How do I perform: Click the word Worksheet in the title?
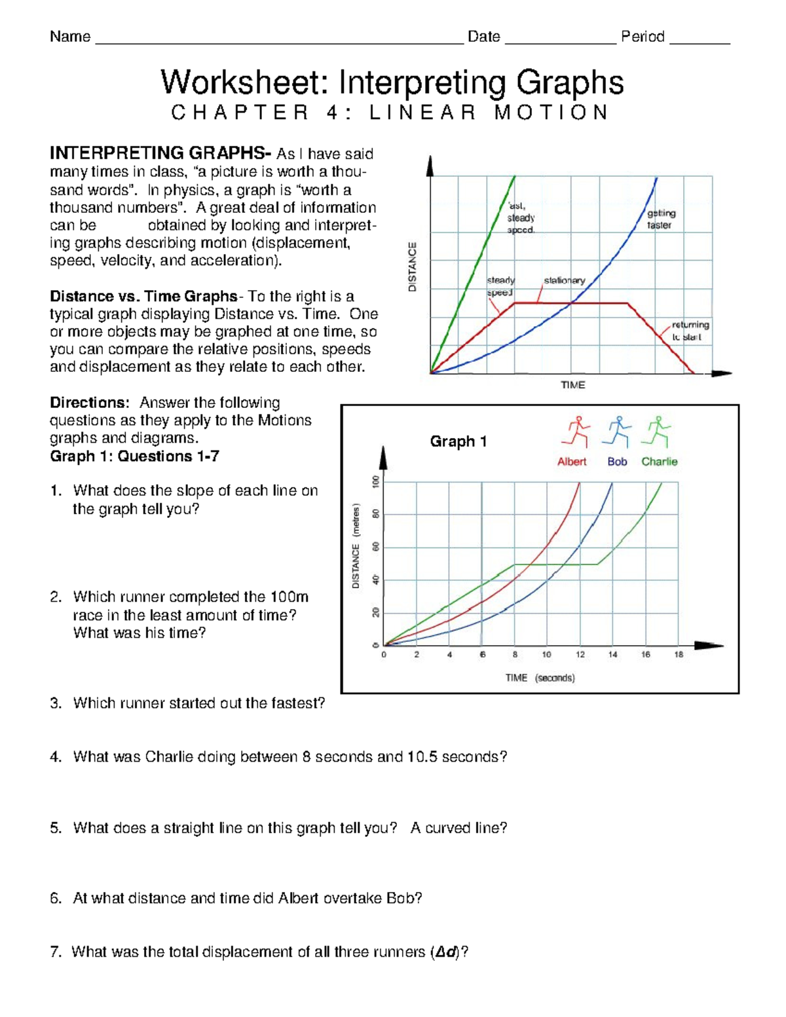pyautogui.click(x=246, y=83)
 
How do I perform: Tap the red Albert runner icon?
pyautogui.click(x=576, y=432)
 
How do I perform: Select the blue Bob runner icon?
pyautogui.click(x=618, y=432)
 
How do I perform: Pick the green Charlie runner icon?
pyautogui.click(x=658, y=432)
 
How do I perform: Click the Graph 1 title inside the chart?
pyautogui.click(x=458, y=441)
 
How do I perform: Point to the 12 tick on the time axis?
pyautogui.click(x=580, y=654)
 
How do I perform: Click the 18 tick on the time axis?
pyautogui.click(x=679, y=654)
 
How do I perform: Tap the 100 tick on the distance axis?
pyautogui.click(x=376, y=481)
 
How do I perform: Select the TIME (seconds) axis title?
pyautogui.click(x=540, y=678)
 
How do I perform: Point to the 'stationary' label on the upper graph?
pyautogui.click(x=564, y=280)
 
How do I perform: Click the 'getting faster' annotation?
pyautogui.click(x=660, y=219)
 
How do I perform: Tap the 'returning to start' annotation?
pyautogui.click(x=690, y=331)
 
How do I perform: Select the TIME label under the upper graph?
pyautogui.click(x=572, y=385)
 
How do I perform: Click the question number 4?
pyautogui.click(x=55, y=757)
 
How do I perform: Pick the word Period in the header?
pyautogui.click(x=643, y=37)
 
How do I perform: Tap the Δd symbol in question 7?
pyautogui.click(x=446, y=952)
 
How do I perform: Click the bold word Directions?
pyautogui.click(x=90, y=403)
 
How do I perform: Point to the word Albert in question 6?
pyautogui.click(x=297, y=898)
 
